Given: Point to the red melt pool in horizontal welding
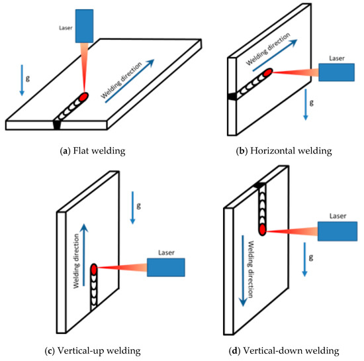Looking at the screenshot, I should tap(267, 72).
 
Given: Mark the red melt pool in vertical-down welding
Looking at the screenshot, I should tap(263, 230).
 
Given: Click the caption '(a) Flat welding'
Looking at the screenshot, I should tap(89, 150).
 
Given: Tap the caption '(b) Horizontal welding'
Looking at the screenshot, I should tap(274, 150).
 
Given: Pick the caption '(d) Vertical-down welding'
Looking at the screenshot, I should tap(274, 350).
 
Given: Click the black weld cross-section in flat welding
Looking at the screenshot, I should tap(57, 124).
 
